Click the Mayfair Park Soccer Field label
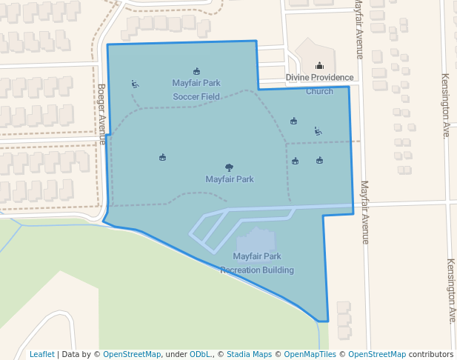[196, 90]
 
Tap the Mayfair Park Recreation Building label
[257, 264]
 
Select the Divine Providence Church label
[320, 84]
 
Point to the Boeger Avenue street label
[102, 113]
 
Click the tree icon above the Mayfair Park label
[229, 167]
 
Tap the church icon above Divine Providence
[319, 65]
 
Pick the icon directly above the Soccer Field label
[196, 71]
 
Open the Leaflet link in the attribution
[42, 354]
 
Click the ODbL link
[201, 354]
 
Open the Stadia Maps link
[249, 354]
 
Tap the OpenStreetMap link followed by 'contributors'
[377, 354]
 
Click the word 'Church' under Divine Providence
[320, 91]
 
